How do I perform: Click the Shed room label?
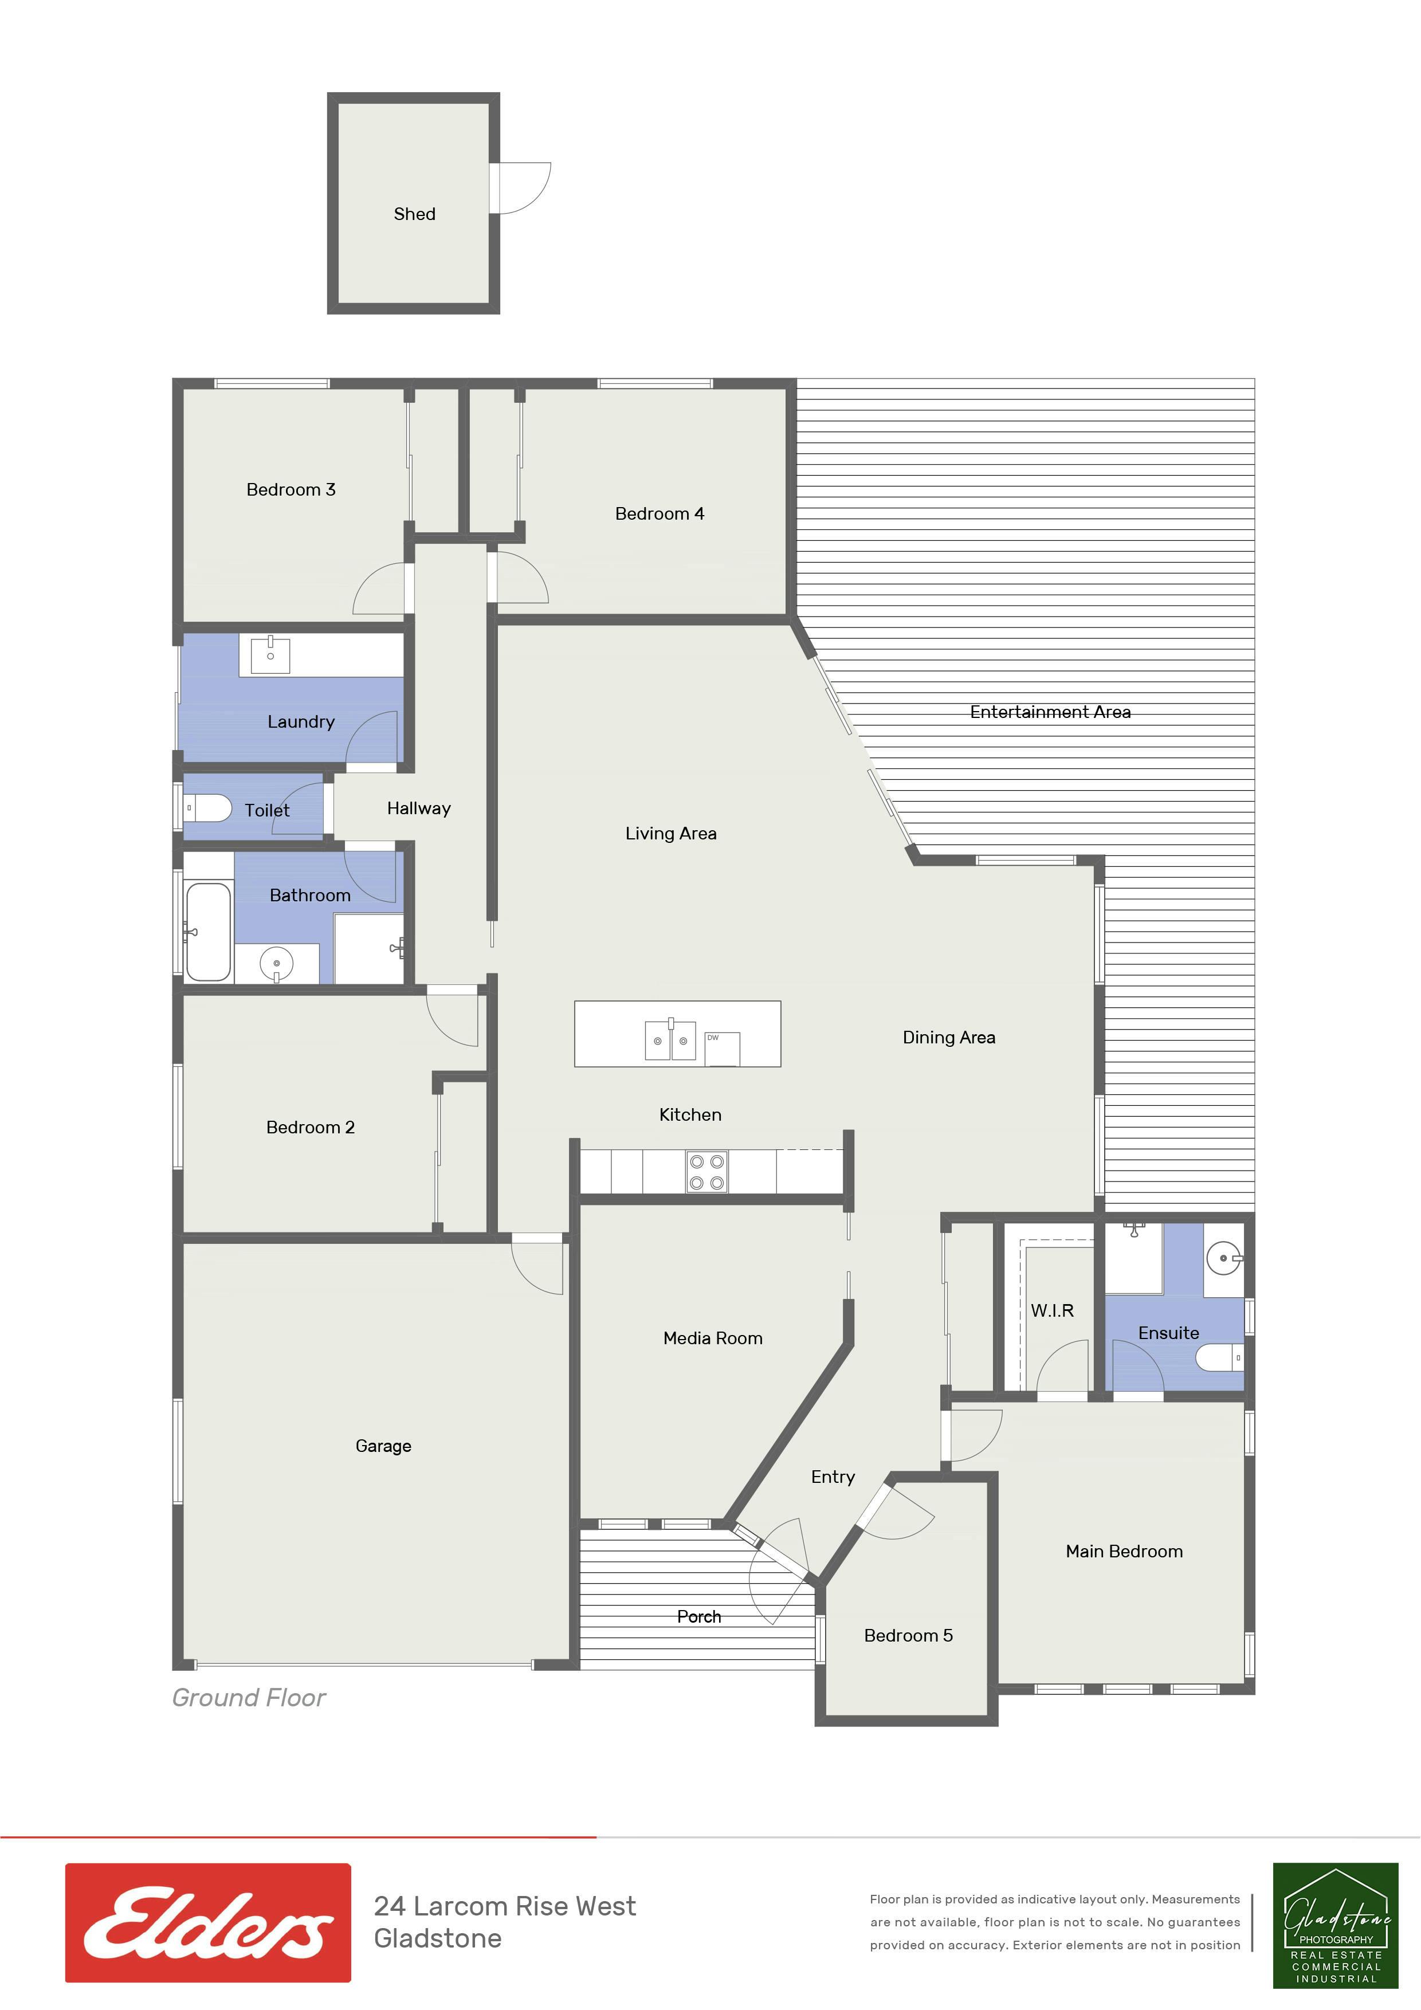(414, 214)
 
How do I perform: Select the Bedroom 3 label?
(291, 489)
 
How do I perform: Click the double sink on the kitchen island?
(670, 1039)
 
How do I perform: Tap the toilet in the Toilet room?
(207, 807)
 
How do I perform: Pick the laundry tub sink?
(270, 654)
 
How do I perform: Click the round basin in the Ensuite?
(1223, 1259)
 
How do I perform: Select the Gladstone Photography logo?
(1335, 1925)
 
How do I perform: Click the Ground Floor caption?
(249, 1698)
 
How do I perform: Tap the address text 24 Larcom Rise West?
(505, 1906)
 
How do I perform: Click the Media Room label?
(713, 1338)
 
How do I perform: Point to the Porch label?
(698, 1616)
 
